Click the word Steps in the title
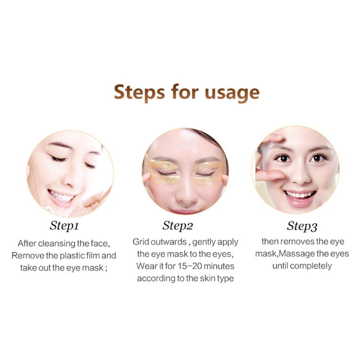tap(139, 92)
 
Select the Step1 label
tap(67, 225)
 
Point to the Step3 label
tap(302, 225)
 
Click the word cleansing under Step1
tap(58, 243)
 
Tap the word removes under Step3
tap(298, 242)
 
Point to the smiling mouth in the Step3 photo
tap(300, 195)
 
